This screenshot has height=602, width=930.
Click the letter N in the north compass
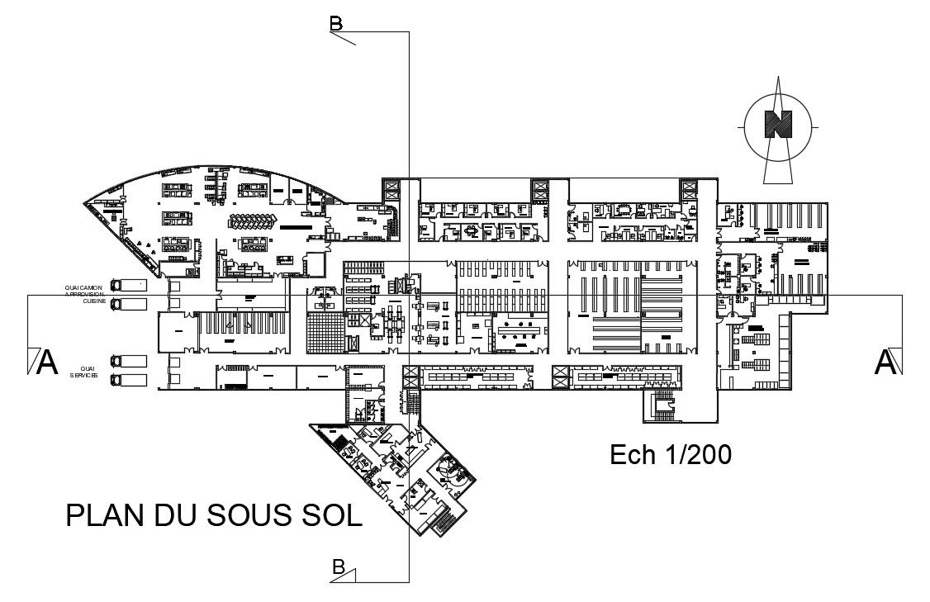tap(778, 124)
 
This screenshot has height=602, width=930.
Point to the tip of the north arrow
tap(778, 78)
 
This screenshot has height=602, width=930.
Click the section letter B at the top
tap(336, 24)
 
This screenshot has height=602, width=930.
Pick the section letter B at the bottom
tap(338, 566)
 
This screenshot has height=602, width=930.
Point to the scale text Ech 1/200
tap(670, 454)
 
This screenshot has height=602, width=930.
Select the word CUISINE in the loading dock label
tap(93, 301)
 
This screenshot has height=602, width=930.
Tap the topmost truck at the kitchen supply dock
tap(129, 285)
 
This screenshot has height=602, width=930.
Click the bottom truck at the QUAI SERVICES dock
tap(129, 380)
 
